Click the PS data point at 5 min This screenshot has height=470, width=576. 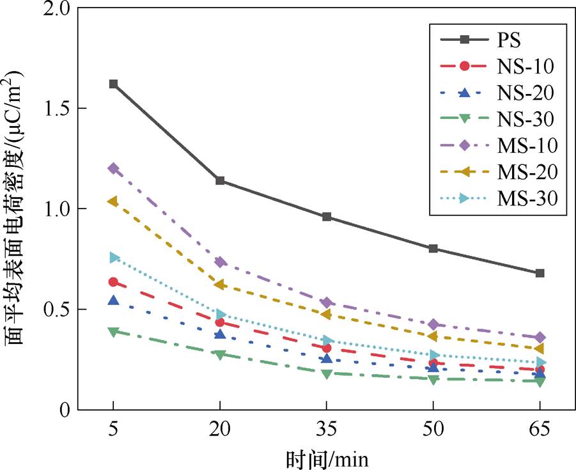click(x=113, y=84)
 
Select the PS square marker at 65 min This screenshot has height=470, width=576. click(x=540, y=273)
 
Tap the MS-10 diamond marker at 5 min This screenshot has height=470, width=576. click(x=113, y=168)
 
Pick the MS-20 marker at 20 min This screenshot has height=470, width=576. click(x=220, y=285)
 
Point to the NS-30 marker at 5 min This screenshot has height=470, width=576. click(x=113, y=332)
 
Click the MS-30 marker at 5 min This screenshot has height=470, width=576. click(x=114, y=258)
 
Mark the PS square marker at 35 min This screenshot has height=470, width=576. click(x=327, y=217)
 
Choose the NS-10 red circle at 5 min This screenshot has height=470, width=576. click(x=113, y=282)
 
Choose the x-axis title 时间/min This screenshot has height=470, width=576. click(x=327, y=458)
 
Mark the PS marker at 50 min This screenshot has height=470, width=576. click(x=433, y=249)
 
